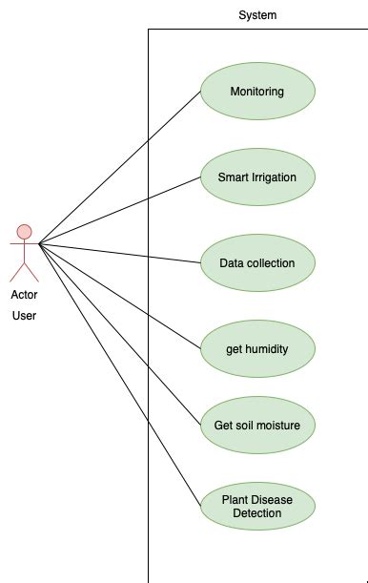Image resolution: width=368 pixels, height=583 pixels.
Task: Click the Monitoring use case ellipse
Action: click(x=257, y=93)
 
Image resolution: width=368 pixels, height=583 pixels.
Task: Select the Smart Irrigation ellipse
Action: click(x=257, y=177)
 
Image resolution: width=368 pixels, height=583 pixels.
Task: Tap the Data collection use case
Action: click(x=257, y=262)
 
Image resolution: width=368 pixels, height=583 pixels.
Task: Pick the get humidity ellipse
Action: click(x=257, y=348)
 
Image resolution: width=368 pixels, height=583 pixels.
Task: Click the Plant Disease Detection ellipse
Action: click(x=257, y=506)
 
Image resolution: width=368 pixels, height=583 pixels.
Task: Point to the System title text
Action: click(x=257, y=15)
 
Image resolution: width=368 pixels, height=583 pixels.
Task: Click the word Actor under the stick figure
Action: click(x=24, y=295)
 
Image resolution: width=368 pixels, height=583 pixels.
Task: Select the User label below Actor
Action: click(x=24, y=315)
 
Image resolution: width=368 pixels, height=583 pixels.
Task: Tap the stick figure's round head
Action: click(x=25, y=232)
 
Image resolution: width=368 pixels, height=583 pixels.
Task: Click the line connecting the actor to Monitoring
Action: click(x=119, y=169)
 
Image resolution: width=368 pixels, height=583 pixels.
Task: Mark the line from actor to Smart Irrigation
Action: click(x=119, y=211)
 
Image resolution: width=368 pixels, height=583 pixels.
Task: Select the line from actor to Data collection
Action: click(x=119, y=252)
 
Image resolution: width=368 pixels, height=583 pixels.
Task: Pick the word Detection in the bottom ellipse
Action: click(x=257, y=513)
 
